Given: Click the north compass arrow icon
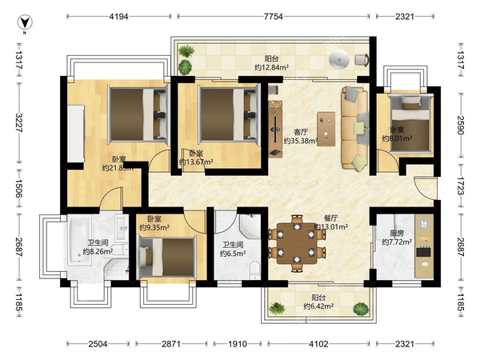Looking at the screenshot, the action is point(25,22).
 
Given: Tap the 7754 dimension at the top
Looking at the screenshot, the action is point(273,16).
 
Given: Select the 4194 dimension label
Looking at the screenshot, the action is point(118,16).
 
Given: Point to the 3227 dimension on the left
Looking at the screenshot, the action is point(18,122).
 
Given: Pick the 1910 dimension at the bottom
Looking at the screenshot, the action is point(238,344).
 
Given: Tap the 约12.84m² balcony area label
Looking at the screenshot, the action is point(271,67).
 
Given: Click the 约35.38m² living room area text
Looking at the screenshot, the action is point(300,141).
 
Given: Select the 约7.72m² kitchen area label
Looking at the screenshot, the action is point(397,242).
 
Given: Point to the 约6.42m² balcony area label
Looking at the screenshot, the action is point(318,306).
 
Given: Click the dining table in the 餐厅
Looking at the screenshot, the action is point(297,243).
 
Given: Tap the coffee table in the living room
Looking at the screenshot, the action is point(326,129).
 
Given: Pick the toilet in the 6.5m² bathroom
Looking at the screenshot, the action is point(254,270).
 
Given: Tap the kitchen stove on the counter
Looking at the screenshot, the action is point(424,252).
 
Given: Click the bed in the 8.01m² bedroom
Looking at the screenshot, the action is point(411,123).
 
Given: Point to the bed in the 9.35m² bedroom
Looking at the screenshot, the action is point(167,257).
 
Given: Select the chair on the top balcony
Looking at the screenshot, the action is point(362,59).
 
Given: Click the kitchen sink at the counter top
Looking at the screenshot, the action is point(424,224).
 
